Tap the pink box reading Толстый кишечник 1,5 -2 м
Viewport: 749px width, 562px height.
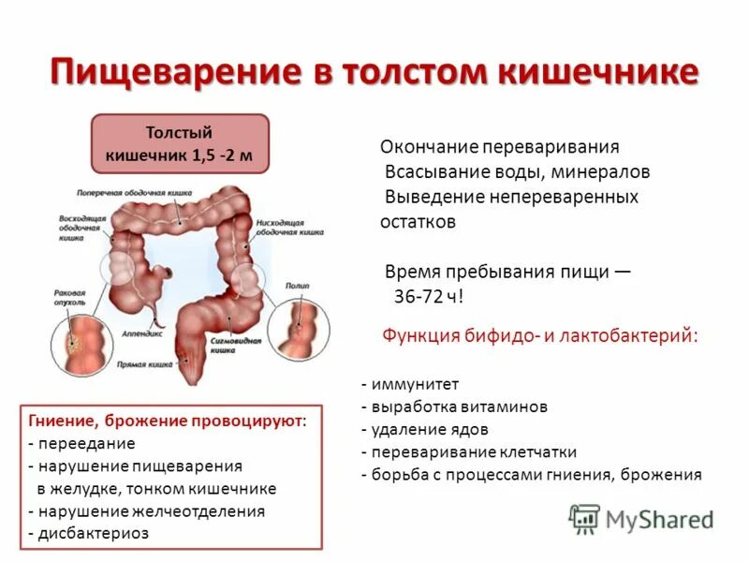pos(179,143)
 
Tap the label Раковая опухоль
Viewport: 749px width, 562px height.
pos(70,297)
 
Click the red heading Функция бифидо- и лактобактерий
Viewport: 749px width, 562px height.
pos(541,335)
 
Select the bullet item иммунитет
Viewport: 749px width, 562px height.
pos(409,384)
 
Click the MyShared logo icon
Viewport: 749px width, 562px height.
pos(585,518)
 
